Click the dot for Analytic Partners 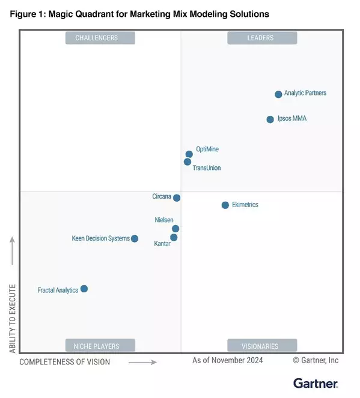pyautogui.click(x=278, y=94)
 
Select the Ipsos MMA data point pyautogui.click(x=270, y=119)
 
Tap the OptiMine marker pyautogui.click(x=189, y=154)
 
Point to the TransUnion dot pyautogui.click(x=188, y=162)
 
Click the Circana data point pyautogui.click(x=177, y=197)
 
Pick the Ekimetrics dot pyautogui.click(x=225, y=205)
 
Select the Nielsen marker pyautogui.click(x=175, y=229)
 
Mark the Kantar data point pyautogui.click(x=174, y=238)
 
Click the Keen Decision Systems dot pyautogui.click(x=135, y=239)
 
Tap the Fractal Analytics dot pyautogui.click(x=84, y=289)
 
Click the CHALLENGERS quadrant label pyautogui.click(x=100, y=38)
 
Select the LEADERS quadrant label pyautogui.click(x=261, y=38)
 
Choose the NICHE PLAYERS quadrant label pyautogui.click(x=100, y=346)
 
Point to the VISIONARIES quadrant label pyautogui.click(x=261, y=346)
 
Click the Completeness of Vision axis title pyautogui.click(x=65, y=362)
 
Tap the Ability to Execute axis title pyautogui.click(x=12, y=310)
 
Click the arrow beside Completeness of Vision pyautogui.click(x=142, y=363)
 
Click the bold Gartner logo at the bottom pyautogui.click(x=315, y=383)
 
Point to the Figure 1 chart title pyautogui.click(x=139, y=13)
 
